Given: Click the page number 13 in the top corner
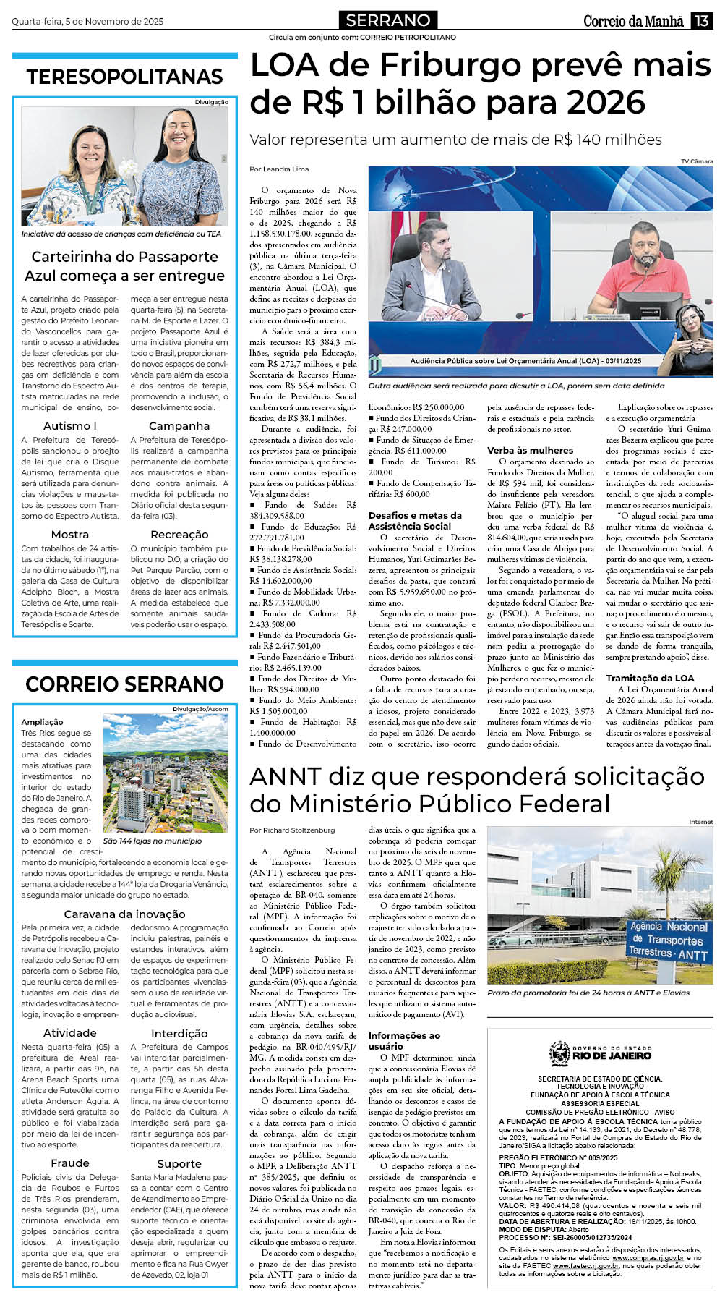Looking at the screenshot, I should [x=701, y=21].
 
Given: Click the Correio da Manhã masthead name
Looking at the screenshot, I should [x=633, y=21].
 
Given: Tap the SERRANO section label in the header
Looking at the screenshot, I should [x=387, y=20].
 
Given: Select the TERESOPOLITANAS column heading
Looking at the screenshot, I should [x=124, y=76].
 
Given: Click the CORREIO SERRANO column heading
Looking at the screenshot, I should [x=124, y=684].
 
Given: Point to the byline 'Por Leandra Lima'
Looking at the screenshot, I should [x=279, y=169].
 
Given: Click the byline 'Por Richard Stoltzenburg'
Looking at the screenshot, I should [x=292, y=830].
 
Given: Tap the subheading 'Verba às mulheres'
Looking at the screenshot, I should [x=530, y=450].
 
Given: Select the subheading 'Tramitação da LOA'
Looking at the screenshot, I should [x=650, y=678].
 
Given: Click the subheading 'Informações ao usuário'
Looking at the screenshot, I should [x=403, y=1040].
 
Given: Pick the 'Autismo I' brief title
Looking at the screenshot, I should [x=70, y=426].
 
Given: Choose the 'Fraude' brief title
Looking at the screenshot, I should [x=70, y=1163].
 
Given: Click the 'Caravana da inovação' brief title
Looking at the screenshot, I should [x=124, y=914].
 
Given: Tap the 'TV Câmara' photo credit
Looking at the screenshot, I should [x=696, y=161].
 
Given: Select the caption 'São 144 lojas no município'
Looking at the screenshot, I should [x=153, y=841].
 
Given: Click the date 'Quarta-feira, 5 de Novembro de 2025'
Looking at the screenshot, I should [x=87, y=22].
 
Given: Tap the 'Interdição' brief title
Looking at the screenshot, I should [x=179, y=1034].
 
